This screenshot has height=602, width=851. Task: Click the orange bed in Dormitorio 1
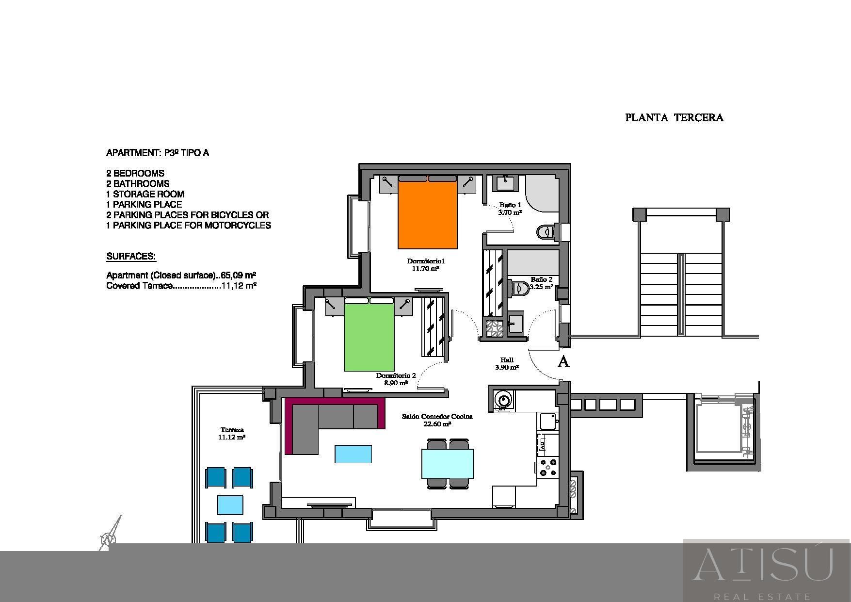pos(428,212)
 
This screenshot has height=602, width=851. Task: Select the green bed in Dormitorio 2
pos(369,335)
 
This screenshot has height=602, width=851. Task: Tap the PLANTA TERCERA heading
pos(674,117)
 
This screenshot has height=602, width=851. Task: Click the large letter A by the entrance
pos(563,361)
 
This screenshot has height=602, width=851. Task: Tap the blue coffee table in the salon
pos(353,454)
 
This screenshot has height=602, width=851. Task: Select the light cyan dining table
pos(448,464)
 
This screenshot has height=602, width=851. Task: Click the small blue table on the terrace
pos(230,505)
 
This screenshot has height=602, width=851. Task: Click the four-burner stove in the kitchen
pos(548,467)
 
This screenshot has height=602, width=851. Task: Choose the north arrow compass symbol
pos(110,534)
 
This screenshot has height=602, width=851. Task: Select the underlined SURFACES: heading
pos(131,257)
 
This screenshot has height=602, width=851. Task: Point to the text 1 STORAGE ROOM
pos(145,194)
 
